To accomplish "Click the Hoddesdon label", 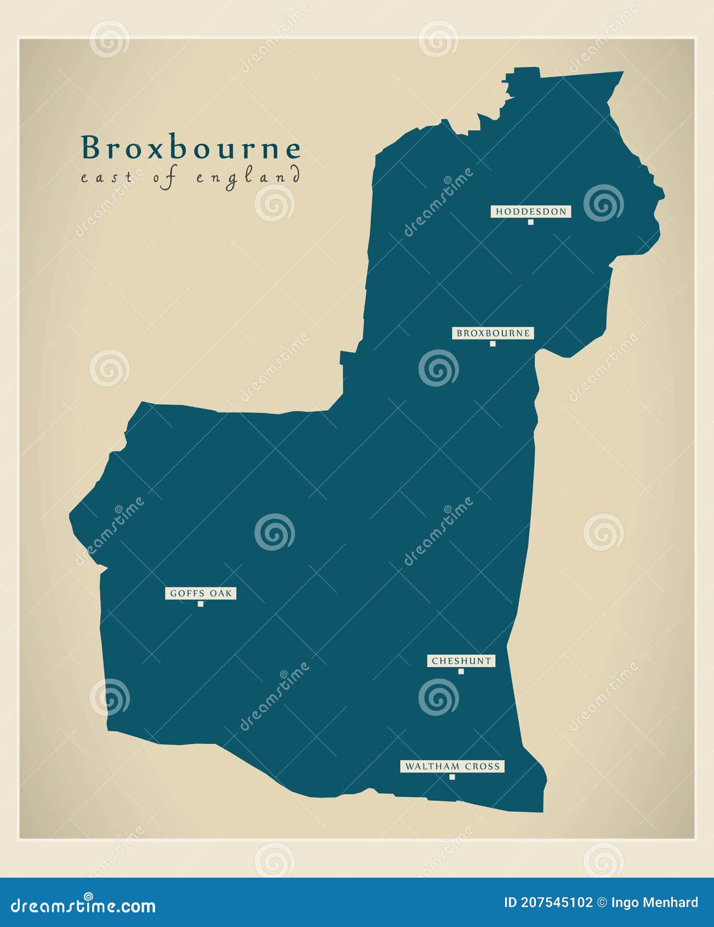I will (x=531, y=211).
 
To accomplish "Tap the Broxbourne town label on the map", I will (x=493, y=333).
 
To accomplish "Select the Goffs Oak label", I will (x=201, y=593).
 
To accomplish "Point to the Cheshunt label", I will (x=461, y=661).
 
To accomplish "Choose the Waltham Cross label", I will (x=452, y=766).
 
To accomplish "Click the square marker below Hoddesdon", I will (x=530, y=222).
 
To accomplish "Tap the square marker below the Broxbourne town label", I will (x=492, y=344).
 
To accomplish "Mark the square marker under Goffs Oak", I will (x=201, y=604).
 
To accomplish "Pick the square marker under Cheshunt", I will (x=461, y=671).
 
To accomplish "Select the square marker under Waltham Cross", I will (x=452, y=777).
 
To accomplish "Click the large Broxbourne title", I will (x=191, y=148).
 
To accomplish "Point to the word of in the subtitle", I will (x=165, y=178).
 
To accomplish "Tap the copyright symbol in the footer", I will (x=602, y=903).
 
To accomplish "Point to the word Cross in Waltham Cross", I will (x=483, y=766).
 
